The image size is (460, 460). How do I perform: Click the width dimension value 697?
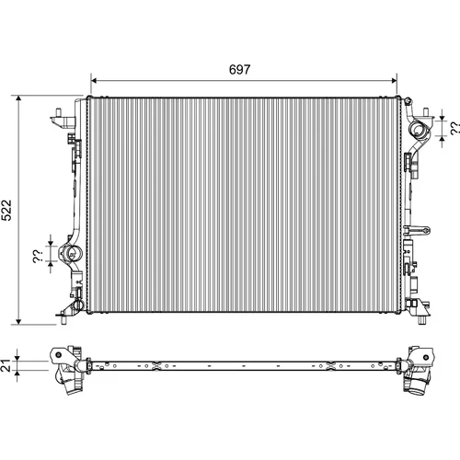click(239, 70)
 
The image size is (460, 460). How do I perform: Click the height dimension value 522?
click(6, 210)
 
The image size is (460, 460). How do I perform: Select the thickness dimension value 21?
click(6, 365)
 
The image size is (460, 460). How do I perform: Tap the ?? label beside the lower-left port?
click(38, 257)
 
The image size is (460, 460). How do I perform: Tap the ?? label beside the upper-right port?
click(455, 128)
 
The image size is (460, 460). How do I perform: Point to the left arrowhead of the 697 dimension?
click(94, 81)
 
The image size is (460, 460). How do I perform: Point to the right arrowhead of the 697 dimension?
click(394, 81)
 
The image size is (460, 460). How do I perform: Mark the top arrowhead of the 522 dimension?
click(18, 98)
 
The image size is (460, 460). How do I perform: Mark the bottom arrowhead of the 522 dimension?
click(18, 321)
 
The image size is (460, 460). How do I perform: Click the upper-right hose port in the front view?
click(419, 130)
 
